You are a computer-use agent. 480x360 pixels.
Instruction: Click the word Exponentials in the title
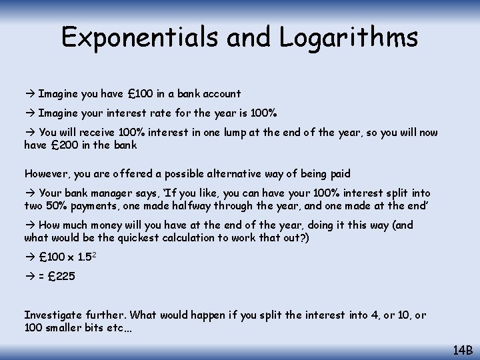pos(139,37)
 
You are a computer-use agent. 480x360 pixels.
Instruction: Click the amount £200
pos(62,145)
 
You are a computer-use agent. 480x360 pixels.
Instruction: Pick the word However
pos(47,173)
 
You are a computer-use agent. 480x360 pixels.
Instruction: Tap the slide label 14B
pos(463,349)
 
